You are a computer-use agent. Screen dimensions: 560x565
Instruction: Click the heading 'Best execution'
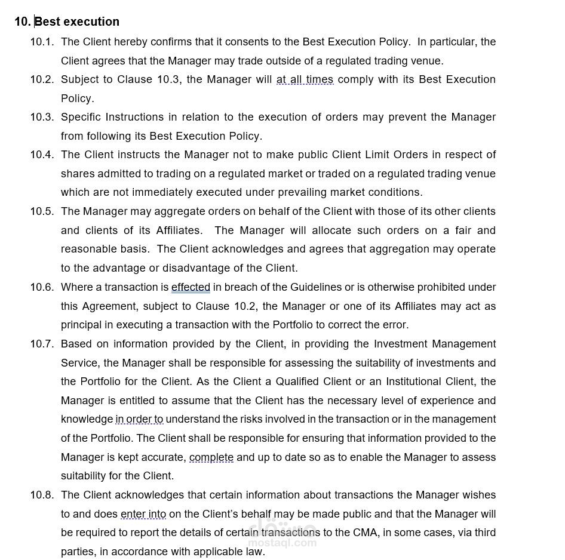click(77, 21)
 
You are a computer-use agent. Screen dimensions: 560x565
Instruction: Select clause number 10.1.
click(42, 42)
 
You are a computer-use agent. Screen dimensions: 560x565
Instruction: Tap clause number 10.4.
click(42, 155)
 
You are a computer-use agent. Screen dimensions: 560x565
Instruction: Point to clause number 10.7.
click(42, 344)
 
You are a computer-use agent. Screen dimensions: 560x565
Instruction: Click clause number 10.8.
click(42, 495)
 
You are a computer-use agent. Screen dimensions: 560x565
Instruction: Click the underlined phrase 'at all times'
click(305, 79)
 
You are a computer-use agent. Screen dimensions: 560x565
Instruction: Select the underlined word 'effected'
click(191, 287)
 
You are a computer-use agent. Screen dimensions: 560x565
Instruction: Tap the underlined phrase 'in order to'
click(139, 419)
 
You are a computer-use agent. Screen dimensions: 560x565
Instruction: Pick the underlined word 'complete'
click(211, 457)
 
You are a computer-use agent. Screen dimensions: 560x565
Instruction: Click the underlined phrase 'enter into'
click(143, 514)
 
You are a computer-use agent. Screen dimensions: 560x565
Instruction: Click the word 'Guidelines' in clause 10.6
click(316, 287)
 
